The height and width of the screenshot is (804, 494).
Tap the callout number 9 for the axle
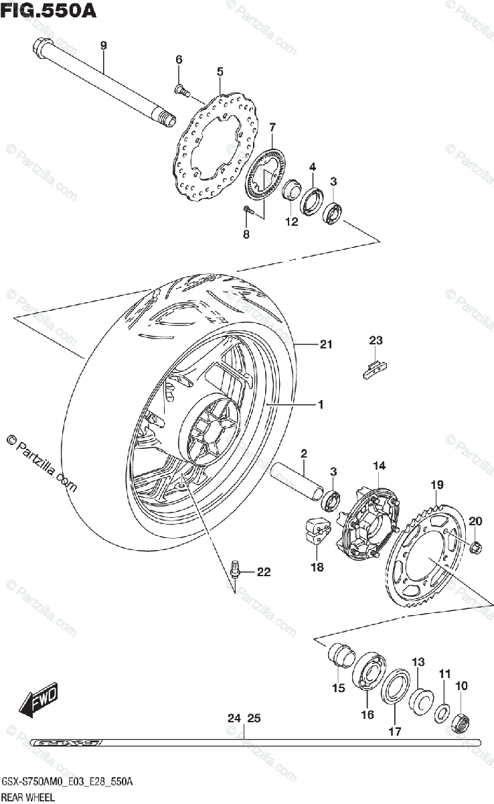(x=103, y=46)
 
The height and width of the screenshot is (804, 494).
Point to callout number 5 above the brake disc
(x=219, y=71)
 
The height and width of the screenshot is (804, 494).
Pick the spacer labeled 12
(x=291, y=191)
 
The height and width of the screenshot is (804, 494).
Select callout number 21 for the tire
(x=326, y=346)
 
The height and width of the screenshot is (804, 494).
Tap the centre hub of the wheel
(x=212, y=435)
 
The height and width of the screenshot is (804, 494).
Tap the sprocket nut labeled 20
(x=476, y=545)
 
